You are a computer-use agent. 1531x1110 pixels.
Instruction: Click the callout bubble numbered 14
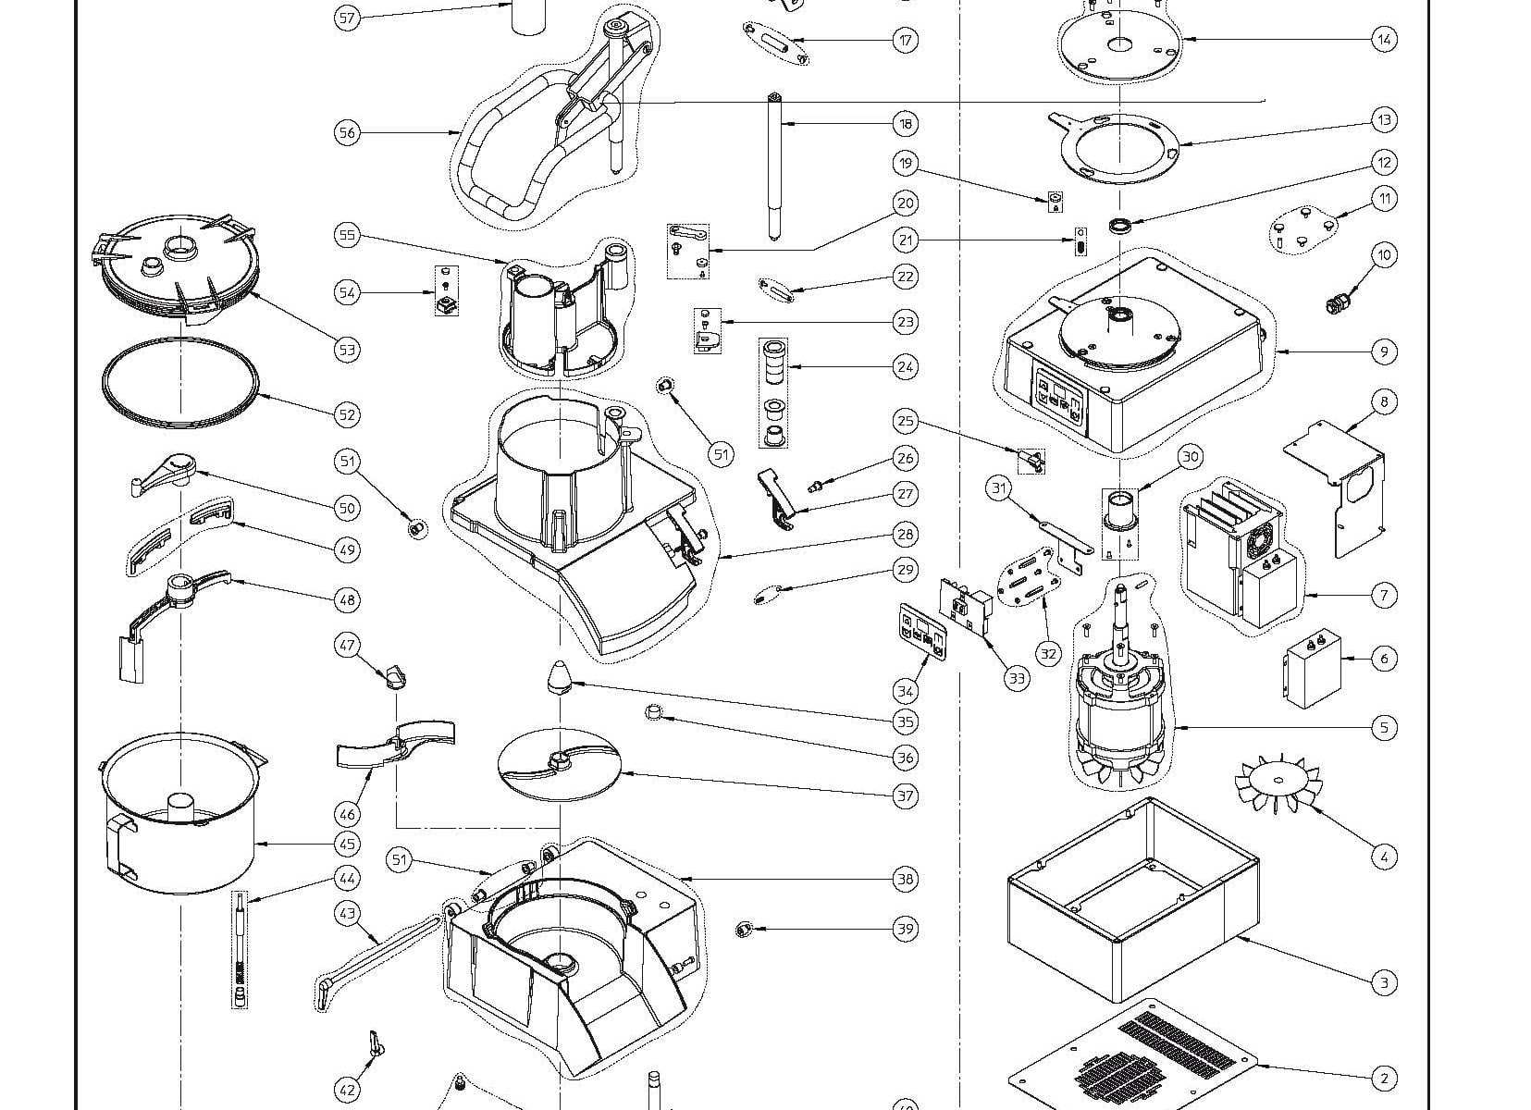1384,40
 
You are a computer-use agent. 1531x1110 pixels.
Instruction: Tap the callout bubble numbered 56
346,133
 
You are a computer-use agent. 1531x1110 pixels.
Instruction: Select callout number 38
905,879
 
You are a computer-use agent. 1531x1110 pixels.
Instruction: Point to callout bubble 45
347,844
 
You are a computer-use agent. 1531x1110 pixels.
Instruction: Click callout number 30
1191,456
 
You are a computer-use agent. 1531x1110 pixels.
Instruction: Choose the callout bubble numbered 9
1384,351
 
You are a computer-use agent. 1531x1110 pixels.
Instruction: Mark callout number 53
347,350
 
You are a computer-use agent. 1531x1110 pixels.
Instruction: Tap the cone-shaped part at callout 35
560,677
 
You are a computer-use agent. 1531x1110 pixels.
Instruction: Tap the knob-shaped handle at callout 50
167,471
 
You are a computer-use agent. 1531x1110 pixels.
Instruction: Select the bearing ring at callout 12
1122,225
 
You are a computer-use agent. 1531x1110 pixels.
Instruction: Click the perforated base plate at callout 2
1138,1059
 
